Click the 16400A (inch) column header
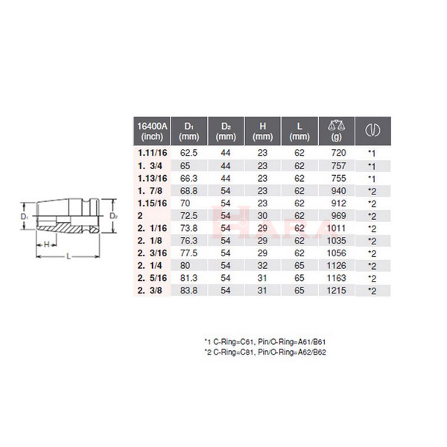[x=152, y=131]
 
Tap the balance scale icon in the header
[x=337, y=125]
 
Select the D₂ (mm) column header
[x=226, y=131]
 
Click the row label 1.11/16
[x=152, y=153]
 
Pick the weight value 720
[x=338, y=153]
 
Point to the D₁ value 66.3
[x=188, y=179]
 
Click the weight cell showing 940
[x=338, y=191]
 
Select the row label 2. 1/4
[x=150, y=266]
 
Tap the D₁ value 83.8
[x=188, y=291]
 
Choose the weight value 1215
[x=337, y=291]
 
